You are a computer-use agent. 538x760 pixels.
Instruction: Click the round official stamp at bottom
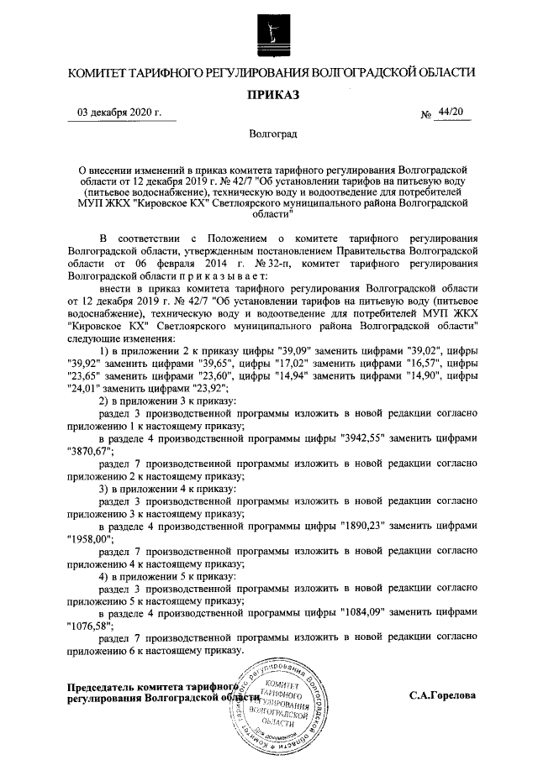(x=282, y=704)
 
